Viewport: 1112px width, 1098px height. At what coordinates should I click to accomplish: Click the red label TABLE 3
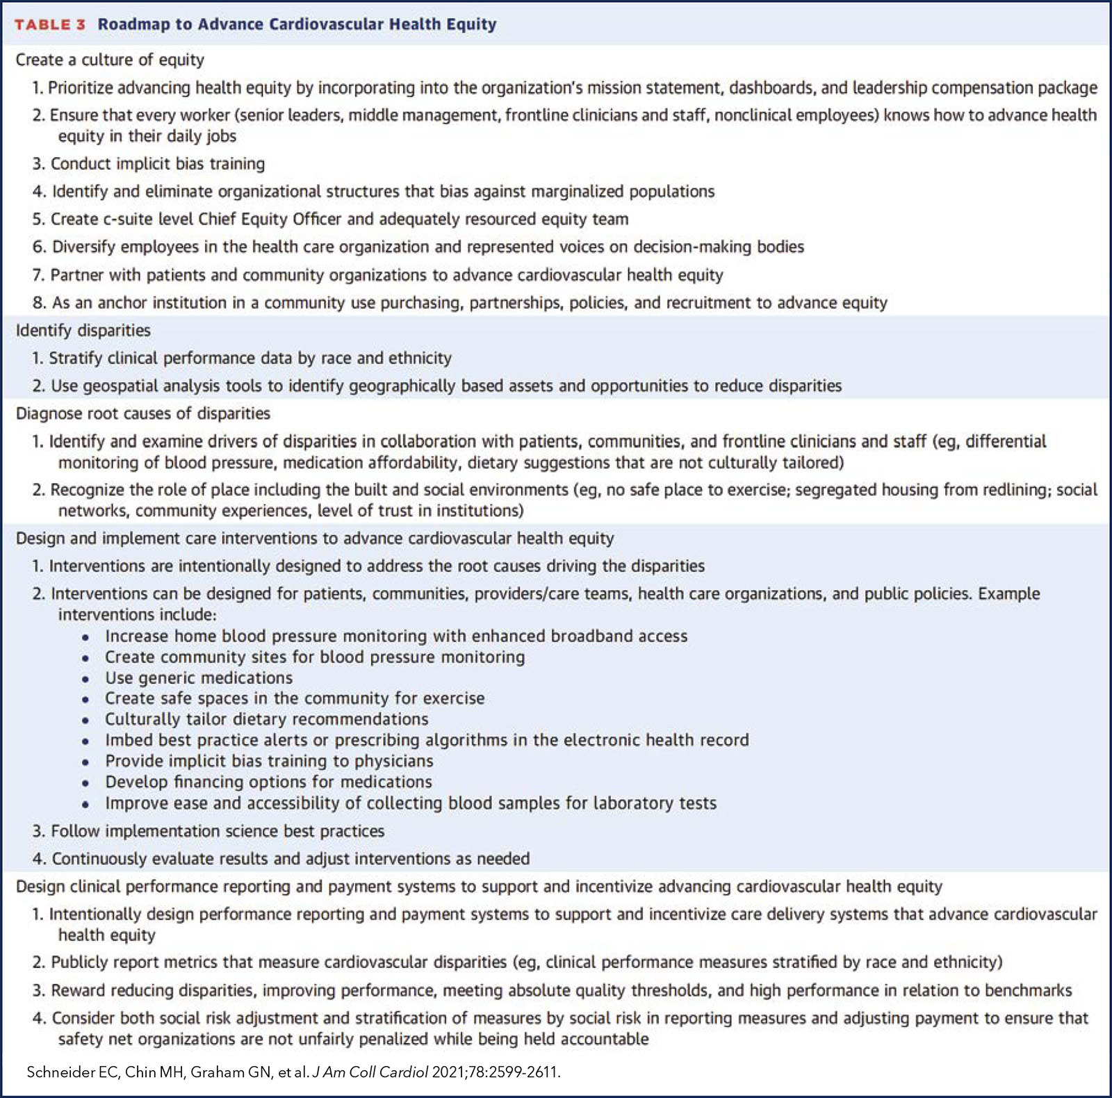tap(50, 24)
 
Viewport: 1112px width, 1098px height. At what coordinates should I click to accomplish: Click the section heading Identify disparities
tap(83, 330)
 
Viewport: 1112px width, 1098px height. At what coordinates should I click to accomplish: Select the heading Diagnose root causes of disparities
tap(143, 413)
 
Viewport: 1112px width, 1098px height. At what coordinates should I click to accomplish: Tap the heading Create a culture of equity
tap(110, 60)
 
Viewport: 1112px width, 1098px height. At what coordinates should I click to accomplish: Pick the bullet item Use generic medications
tap(199, 678)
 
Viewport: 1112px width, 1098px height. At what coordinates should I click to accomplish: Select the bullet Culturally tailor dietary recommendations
tap(267, 719)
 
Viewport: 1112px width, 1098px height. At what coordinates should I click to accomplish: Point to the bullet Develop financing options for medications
tap(268, 782)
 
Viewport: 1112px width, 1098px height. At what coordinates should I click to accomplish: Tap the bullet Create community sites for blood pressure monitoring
tap(315, 657)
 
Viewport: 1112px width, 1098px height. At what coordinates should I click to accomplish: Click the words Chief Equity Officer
tap(270, 220)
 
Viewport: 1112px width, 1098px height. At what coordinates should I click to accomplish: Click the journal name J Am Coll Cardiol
tap(370, 1072)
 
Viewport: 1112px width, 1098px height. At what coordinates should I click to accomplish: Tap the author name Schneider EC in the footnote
tap(72, 1072)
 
